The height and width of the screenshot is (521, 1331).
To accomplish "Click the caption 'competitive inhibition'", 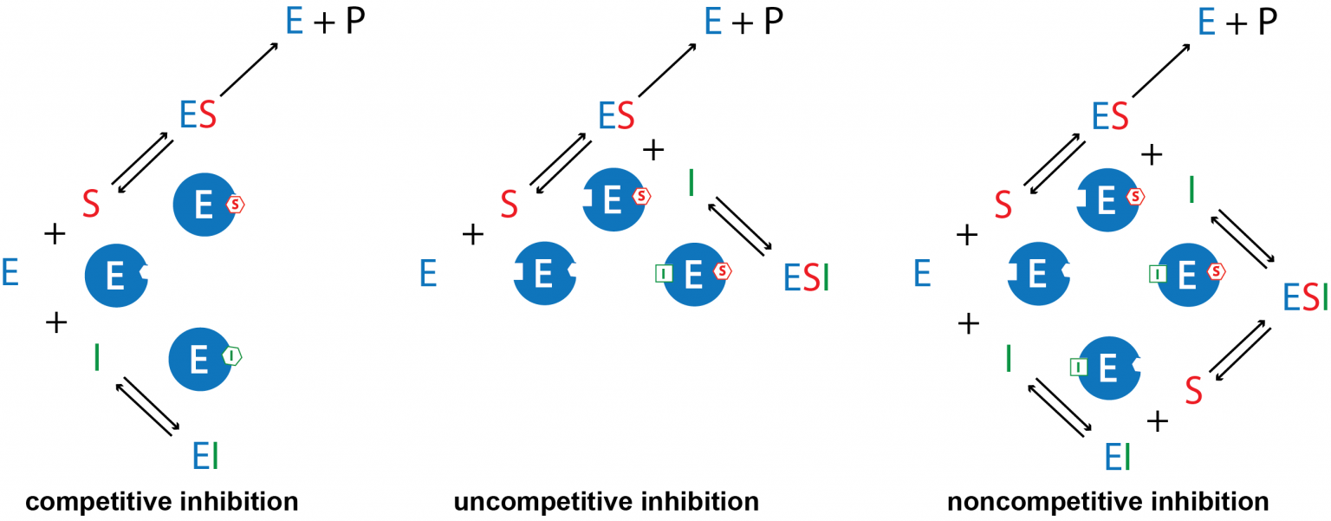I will (x=162, y=501).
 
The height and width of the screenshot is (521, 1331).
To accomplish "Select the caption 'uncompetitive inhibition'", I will (x=606, y=501).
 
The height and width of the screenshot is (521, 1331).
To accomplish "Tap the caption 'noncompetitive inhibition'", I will (x=1108, y=501).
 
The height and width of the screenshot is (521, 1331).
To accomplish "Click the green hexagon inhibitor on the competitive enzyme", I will (x=231, y=355).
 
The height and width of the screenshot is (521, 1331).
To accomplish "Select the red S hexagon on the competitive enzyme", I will (x=236, y=205).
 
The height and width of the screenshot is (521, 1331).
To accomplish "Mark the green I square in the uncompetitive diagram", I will (x=663, y=274).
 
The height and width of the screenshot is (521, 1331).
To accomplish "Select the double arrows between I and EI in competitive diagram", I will (x=151, y=403).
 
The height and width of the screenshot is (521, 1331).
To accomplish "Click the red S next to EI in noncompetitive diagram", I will (x=1193, y=390).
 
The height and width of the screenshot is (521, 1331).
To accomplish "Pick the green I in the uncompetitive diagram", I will (x=691, y=183).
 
